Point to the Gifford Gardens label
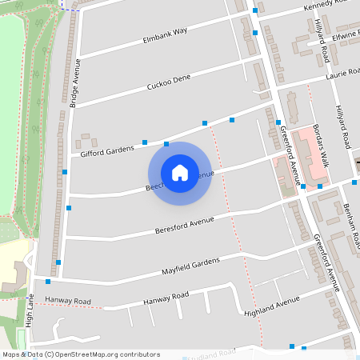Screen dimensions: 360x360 tap(106, 149)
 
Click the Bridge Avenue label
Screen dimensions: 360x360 tap(77, 83)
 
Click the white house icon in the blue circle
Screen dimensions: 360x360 tap(179, 173)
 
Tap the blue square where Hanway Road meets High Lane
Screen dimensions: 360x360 tap(48, 282)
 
